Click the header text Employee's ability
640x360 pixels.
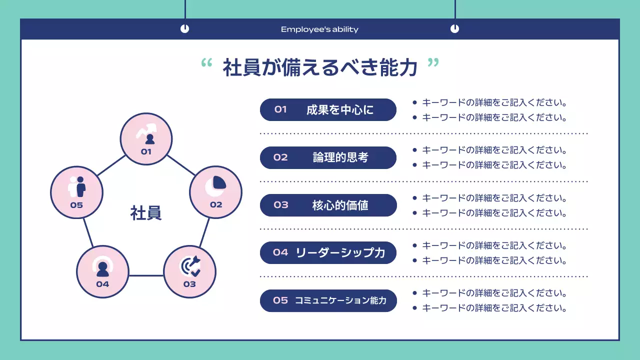coord(319,29)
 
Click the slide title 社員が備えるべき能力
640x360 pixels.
coord(320,68)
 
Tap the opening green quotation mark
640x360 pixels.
coord(206,63)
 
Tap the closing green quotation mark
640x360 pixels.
coord(433,63)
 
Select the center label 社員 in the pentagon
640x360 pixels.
coord(146,213)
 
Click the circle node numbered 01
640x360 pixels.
coord(146,139)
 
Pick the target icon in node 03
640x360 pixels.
coord(190,266)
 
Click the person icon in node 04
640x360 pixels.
coord(102,268)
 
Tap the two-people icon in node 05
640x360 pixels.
coord(77,187)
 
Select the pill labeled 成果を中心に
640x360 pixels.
coord(328,109)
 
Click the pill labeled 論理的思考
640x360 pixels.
coord(328,157)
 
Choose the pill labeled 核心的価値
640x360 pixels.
coord(328,205)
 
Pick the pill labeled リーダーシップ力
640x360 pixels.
coord(328,252)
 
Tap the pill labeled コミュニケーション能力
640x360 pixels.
coord(328,300)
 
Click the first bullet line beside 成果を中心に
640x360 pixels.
coord(494,103)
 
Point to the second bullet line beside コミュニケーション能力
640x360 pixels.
coord(494,308)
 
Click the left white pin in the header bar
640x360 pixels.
coord(184,29)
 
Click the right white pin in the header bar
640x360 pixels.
coord(454,29)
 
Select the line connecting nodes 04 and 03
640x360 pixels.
coord(146,275)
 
